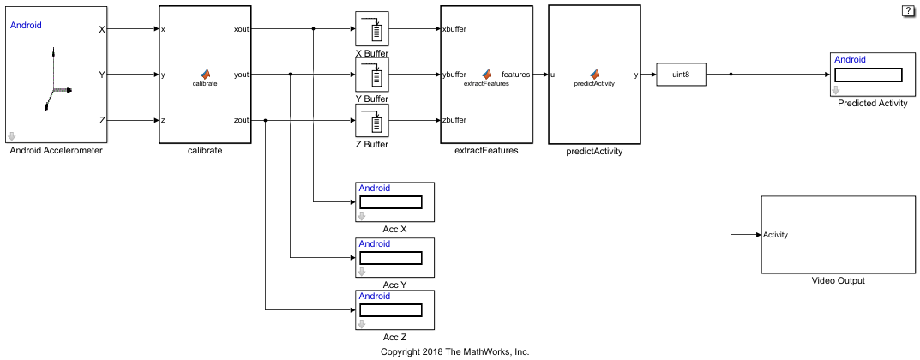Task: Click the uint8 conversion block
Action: coord(682,75)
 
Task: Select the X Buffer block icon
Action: coord(372,29)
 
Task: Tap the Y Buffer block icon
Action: coord(372,75)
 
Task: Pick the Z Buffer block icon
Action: coord(372,121)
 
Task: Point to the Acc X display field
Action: coord(391,202)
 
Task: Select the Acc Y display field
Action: coord(391,257)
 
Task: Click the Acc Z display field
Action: coord(391,309)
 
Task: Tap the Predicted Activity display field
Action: coord(869,75)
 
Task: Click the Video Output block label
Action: coord(838,281)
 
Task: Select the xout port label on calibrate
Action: coord(241,29)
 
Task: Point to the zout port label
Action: coord(241,120)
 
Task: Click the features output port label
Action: coord(515,75)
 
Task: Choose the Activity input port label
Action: coord(775,235)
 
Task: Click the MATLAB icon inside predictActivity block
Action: coord(593,75)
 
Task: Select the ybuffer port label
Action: coord(454,75)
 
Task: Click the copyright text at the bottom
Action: coord(454,351)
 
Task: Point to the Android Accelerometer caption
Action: coord(56,151)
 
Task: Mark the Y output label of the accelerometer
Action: coord(102,75)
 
